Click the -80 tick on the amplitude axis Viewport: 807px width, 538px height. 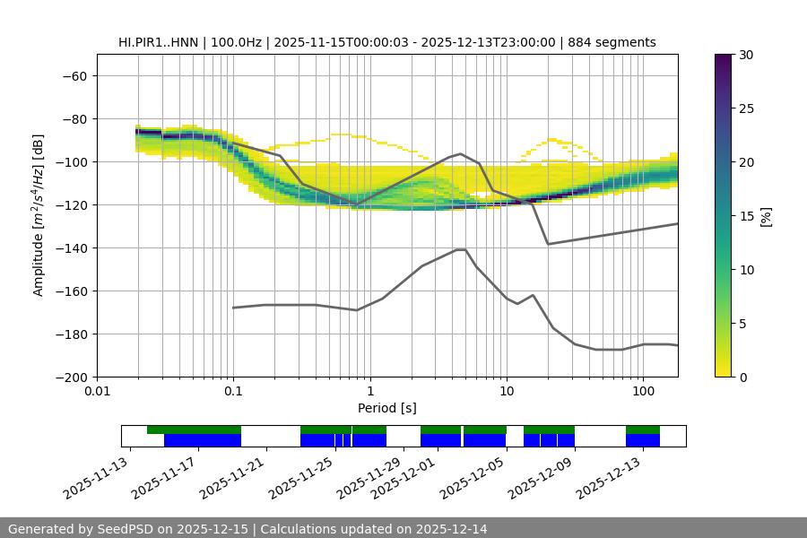[x=74, y=118]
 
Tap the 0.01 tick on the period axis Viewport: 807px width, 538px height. [x=97, y=392]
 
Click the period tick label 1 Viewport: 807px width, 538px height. [x=369, y=392]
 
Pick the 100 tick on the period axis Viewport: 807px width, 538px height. [x=642, y=392]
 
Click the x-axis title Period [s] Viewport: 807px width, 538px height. [x=387, y=409]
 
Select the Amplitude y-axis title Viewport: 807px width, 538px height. [x=39, y=215]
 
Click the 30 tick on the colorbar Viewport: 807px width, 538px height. [x=745, y=55]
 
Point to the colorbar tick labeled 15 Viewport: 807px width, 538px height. [x=745, y=216]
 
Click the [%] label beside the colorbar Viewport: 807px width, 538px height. [x=766, y=216]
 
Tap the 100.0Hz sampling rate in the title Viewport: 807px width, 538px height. [x=241, y=42]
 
